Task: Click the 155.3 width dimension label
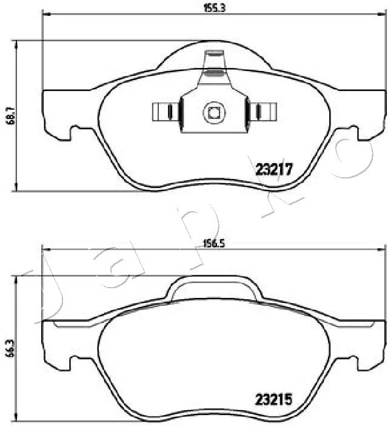pyautogui.click(x=215, y=8)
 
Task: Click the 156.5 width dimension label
pyautogui.click(x=215, y=243)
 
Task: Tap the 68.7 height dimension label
pyautogui.click(x=12, y=115)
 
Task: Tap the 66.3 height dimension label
pyautogui.click(x=12, y=348)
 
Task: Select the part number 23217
pyautogui.click(x=274, y=169)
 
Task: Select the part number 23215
pyautogui.click(x=273, y=399)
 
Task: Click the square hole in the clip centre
pyautogui.click(x=214, y=112)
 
